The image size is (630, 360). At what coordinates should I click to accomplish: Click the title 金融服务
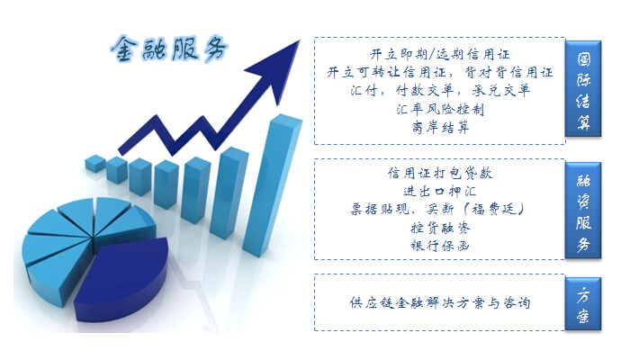(x=169, y=49)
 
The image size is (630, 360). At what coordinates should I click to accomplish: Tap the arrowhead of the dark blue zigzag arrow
(x=278, y=67)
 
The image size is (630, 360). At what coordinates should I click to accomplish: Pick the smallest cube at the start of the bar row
(x=95, y=163)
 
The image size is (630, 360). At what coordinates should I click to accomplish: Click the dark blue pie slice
(x=122, y=279)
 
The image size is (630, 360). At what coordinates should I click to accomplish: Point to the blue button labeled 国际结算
(x=583, y=88)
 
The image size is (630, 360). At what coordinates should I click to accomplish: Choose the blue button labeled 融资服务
(x=583, y=210)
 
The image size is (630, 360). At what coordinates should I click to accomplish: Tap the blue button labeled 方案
(x=583, y=304)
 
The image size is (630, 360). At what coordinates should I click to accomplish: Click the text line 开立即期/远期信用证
(x=439, y=54)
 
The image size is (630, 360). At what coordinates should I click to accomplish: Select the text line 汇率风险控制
(x=440, y=109)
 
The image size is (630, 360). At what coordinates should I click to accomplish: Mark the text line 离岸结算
(x=440, y=128)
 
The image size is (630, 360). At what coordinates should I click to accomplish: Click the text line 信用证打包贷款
(x=439, y=173)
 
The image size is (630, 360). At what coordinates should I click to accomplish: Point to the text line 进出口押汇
(x=439, y=191)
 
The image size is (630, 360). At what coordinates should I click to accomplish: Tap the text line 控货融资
(x=440, y=228)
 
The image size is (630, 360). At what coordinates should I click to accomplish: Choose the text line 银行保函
(x=440, y=246)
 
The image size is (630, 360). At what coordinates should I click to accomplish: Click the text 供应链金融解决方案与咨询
(x=439, y=302)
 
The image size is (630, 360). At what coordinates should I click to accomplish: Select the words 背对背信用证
(x=508, y=72)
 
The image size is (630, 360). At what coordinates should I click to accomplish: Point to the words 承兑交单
(x=500, y=90)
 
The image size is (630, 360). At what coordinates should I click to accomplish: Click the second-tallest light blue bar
(x=228, y=193)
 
